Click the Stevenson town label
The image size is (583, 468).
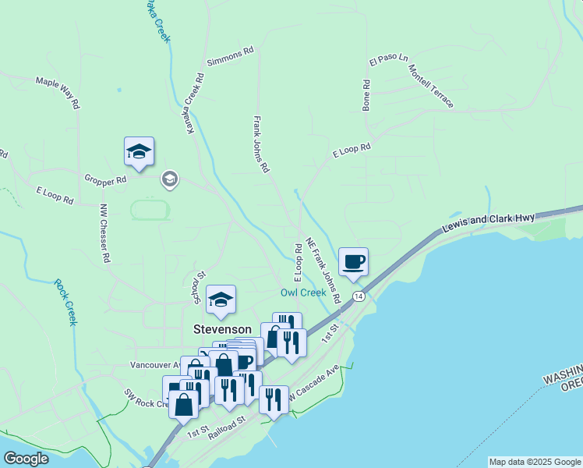point(222,329)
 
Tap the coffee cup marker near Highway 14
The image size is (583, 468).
point(353,262)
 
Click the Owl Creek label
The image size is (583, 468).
point(303,292)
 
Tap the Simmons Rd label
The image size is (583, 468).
point(231,55)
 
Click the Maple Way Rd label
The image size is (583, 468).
point(58,91)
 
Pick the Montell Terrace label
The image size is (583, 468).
point(430,86)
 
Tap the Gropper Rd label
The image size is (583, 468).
point(105,179)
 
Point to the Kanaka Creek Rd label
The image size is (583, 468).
point(194,103)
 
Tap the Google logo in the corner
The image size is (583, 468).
point(26,459)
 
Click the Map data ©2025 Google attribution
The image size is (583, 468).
point(535,462)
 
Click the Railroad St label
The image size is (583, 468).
point(227,428)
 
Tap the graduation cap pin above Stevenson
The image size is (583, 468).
point(221,300)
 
